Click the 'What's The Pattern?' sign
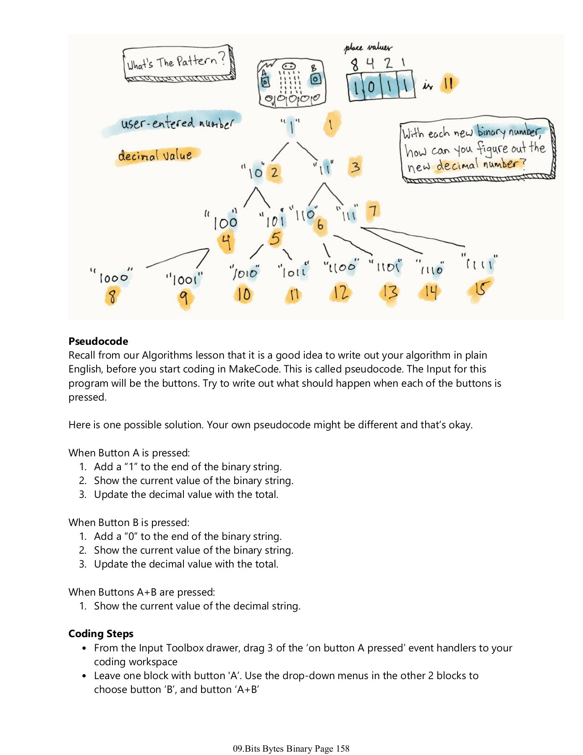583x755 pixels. point(178,63)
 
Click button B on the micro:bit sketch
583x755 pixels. point(316,78)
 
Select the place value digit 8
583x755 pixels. point(355,65)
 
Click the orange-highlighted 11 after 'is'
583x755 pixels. point(448,83)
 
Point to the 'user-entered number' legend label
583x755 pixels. point(176,123)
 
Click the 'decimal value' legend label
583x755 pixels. point(155,156)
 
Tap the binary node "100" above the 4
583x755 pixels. point(225,223)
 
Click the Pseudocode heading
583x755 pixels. point(98,341)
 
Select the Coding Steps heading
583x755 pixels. point(101,633)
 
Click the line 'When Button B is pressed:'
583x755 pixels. point(129,522)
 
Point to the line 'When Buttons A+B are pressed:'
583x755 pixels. point(141,592)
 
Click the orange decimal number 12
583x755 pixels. point(340,292)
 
